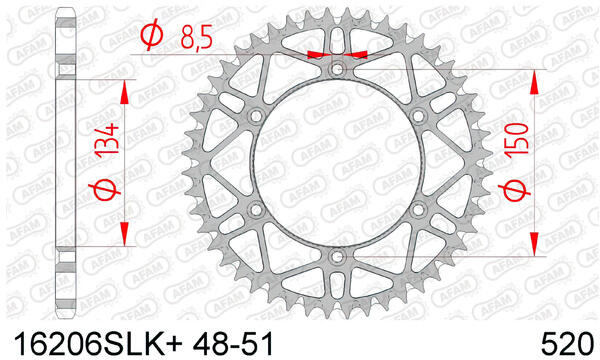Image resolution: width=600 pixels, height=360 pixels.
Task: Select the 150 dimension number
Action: [516, 138]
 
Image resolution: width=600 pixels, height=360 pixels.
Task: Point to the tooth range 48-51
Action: [233, 344]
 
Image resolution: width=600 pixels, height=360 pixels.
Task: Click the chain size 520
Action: [567, 344]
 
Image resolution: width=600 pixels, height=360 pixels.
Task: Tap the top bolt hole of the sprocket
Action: [337, 69]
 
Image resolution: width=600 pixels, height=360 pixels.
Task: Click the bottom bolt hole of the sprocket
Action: [337, 257]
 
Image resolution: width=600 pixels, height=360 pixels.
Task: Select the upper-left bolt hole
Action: [256, 116]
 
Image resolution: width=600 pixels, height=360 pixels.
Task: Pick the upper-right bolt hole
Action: [418, 116]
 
